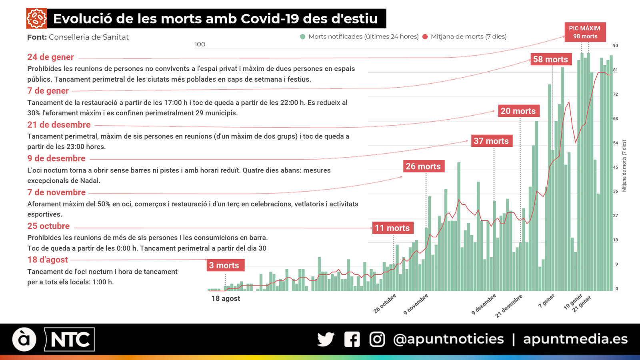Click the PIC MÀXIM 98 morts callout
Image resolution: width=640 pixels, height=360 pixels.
pyautogui.click(x=585, y=32)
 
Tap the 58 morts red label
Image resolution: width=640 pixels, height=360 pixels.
pyautogui.click(x=550, y=59)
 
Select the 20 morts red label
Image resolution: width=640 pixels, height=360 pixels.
pyautogui.click(x=518, y=111)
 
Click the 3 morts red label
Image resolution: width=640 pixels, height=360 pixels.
pyautogui.click(x=224, y=265)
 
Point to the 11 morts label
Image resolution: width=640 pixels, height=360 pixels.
pyautogui.click(x=392, y=228)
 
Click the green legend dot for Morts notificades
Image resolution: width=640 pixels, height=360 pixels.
pyautogui.click(x=303, y=37)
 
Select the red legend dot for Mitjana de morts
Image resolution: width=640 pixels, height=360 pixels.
pyautogui.click(x=425, y=37)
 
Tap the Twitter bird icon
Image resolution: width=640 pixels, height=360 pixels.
pyautogui.click(x=326, y=339)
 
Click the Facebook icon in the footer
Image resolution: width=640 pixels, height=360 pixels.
pyautogui.click(x=352, y=339)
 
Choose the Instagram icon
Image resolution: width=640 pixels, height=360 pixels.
pyautogui.click(x=377, y=339)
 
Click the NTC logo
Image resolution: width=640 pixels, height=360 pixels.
pyautogui.click(x=70, y=340)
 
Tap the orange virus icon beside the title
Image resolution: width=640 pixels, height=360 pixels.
pyautogui.click(x=36, y=18)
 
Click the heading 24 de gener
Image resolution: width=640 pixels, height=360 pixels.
pyautogui.click(x=50, y=57)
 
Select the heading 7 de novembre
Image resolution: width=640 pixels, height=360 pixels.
pyautogui.click(x=56, y=192)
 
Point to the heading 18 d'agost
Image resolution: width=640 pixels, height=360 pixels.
pyautogui.click(x=48, y=260)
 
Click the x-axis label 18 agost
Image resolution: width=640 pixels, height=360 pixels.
pyautogui.click(x=226, y=298)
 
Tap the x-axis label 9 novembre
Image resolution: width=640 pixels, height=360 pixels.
pyautogui.click(x=416, y=304)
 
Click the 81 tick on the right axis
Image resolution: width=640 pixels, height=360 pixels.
pyautogui.click(x=615, y=70)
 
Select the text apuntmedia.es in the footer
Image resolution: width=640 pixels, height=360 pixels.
pyautogui.click(x=575, y=339)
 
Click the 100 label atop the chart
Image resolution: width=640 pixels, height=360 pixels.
pyautogui.click(x=200, y=44)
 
